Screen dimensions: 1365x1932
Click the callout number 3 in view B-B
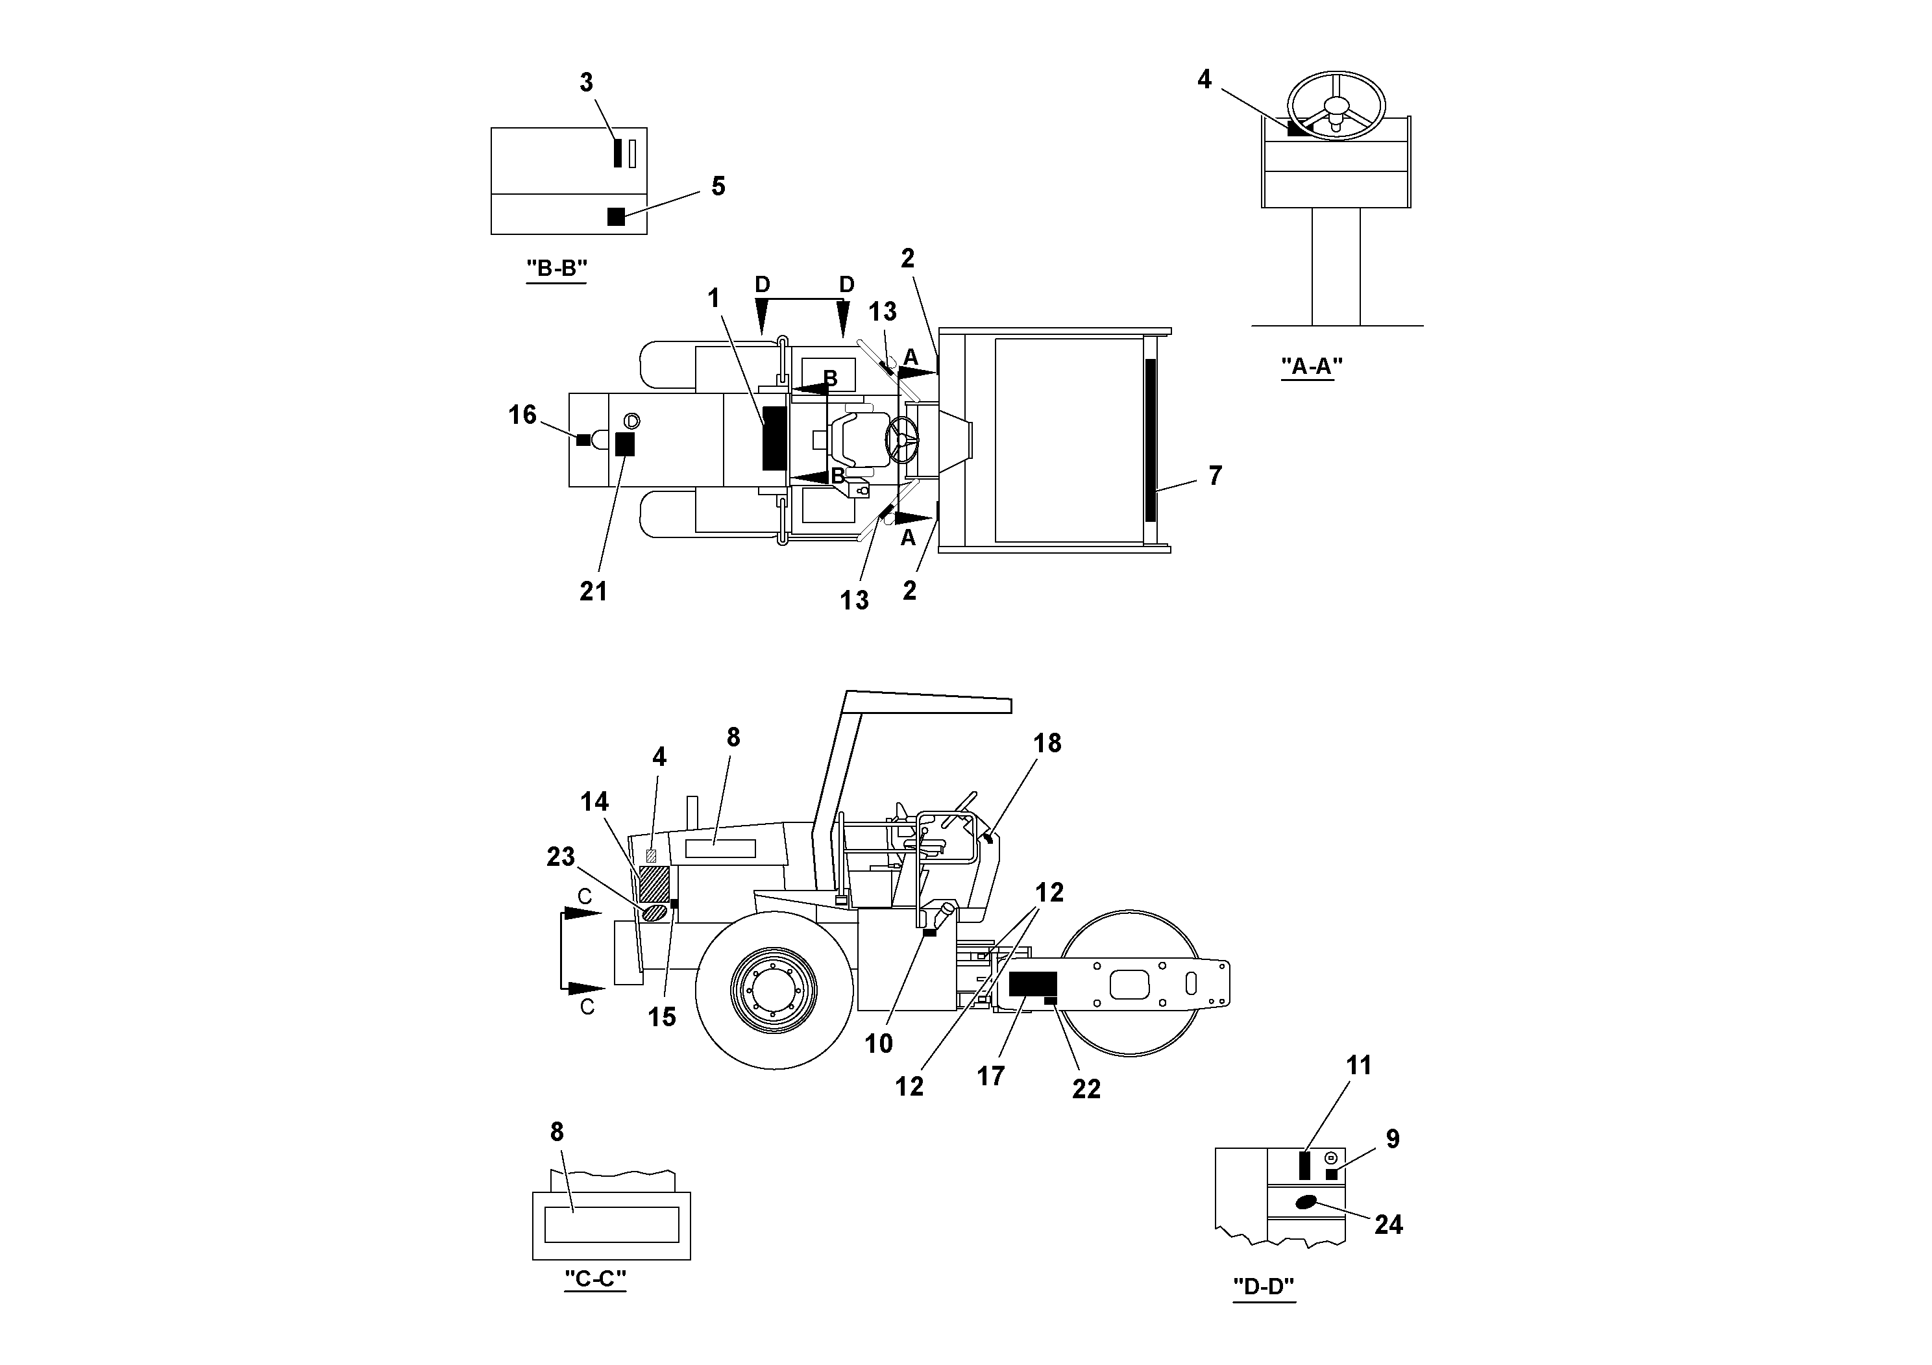[x=587, y=82]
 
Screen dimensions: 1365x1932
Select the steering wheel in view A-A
[x=1336, y=105]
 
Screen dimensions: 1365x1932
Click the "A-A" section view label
[x=1311, y=366]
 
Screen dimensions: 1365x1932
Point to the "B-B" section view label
[x=556, y=269]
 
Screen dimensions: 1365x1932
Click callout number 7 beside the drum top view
[x=1214, y=476]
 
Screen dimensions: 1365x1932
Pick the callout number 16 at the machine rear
[x=522, y=414]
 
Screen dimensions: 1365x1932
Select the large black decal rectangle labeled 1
[x=774, y=437]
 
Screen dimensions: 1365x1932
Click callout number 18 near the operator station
[x=1047, y=743]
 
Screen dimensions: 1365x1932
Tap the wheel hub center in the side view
[x=774, y=990]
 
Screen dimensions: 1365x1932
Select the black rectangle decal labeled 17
[x=1033, y=984]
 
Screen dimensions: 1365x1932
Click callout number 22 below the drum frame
[x=1086, y=1089]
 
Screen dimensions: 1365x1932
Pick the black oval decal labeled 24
[x=1306, y=1201]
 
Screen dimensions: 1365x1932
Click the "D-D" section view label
[x=1263, y=1286]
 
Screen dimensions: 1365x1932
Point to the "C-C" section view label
[x=595, y=1279]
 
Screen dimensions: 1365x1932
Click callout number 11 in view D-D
[x=1358, y=1065]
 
